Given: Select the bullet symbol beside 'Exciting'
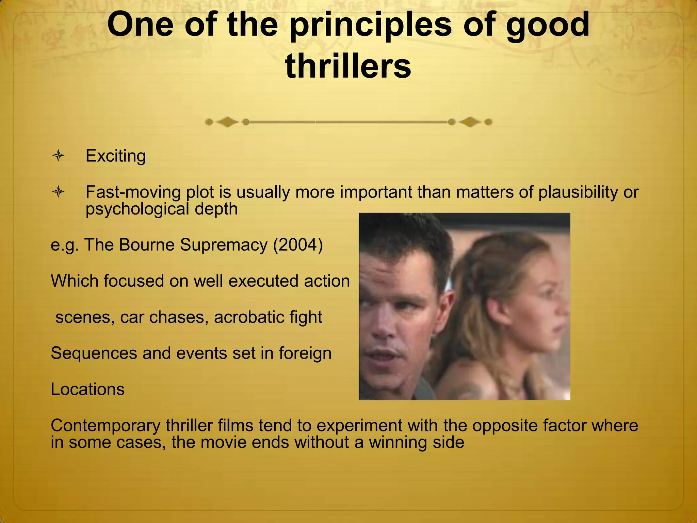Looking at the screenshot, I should (x=59, y=156).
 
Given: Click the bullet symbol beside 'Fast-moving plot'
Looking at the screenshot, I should (x=59, y=192).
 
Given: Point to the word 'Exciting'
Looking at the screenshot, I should (x=116, y=156).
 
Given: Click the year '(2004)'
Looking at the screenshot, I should (x=298, y=245).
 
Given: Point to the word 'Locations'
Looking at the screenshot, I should (x=87, y=389).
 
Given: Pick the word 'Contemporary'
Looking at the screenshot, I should (x=106, y=426).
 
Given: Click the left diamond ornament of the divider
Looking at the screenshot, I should (x=227, y=122).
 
